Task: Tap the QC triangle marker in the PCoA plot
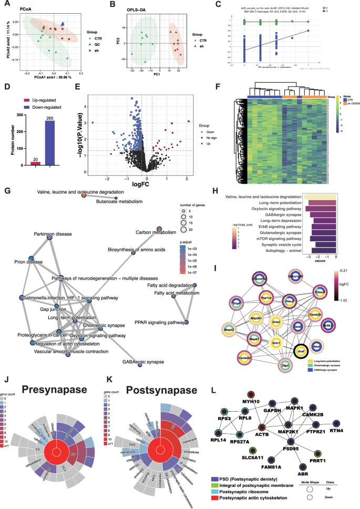pos(63,24)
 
